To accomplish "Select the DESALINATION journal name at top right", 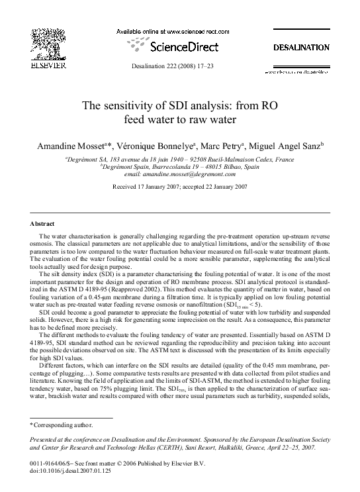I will coord(301,48).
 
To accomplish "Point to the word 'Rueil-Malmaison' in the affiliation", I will coord(246,160).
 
